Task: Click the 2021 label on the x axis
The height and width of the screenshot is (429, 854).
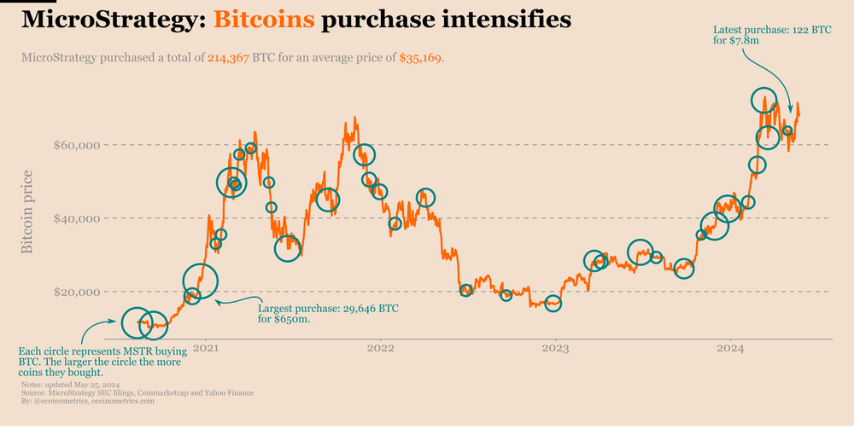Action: coord(205,348)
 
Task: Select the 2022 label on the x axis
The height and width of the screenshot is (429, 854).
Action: coord(380,348)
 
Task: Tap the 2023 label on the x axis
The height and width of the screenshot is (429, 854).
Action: coord(555,348)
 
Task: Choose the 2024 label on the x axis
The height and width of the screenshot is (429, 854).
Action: coord(731,348)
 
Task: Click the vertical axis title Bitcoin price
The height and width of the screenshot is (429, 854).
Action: coord(27,212)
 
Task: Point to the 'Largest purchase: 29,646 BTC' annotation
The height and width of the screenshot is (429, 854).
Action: coord(328,308)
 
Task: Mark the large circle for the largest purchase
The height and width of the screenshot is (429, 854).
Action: coord(201,279)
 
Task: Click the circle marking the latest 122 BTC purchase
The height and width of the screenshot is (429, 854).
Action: coord(788,131)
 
